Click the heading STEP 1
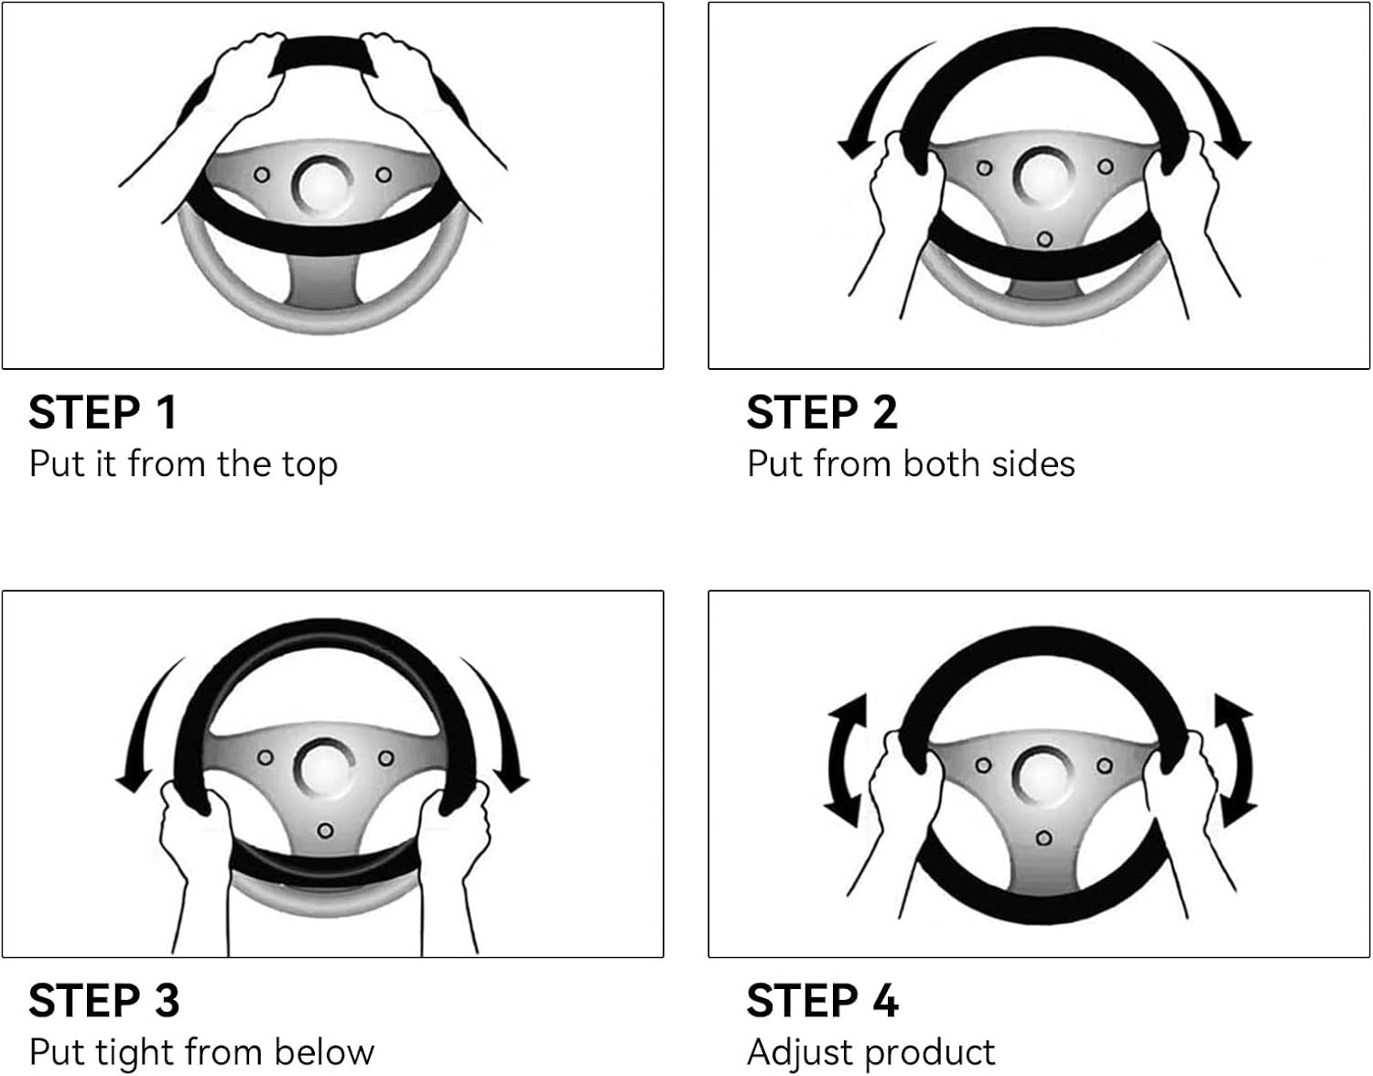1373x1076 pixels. [x=103, y=413]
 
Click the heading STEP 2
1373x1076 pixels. [x=821, y=413]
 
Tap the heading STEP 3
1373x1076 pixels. [x=104, y=1001]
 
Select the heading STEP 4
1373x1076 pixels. [x=822, y=1001]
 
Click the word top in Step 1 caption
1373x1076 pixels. [x=309, y=465]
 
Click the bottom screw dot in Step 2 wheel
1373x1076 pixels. [x=1044, y=239]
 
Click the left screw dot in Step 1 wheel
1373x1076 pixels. [x=262, y=175]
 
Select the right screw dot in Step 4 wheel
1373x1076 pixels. [x=1105, y=766]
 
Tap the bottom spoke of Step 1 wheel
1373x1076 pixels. [x=323, y=280]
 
